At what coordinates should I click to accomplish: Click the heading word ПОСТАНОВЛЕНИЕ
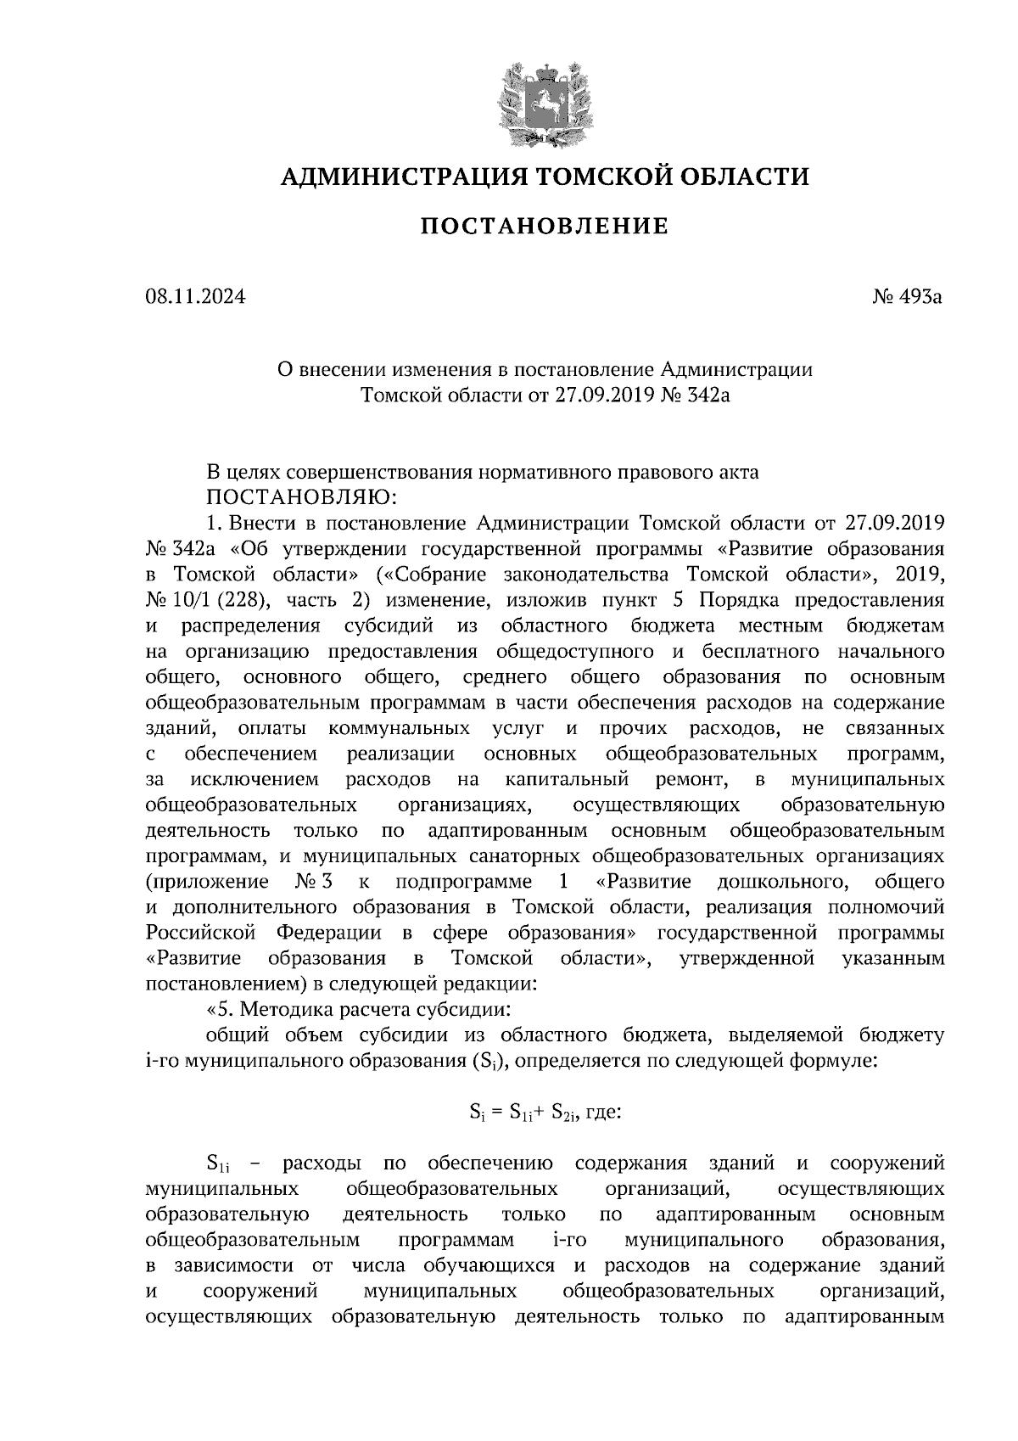pyautogui.click(x=545, y=227)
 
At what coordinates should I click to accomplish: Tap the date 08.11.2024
pyautogui.click(x=194, y=297)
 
